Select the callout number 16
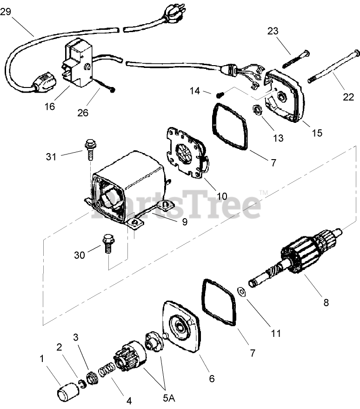(x=50, y=107)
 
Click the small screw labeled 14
(x=220, y=94)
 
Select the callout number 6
(x=212, y=378)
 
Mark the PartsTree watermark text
(x=177, y=205)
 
